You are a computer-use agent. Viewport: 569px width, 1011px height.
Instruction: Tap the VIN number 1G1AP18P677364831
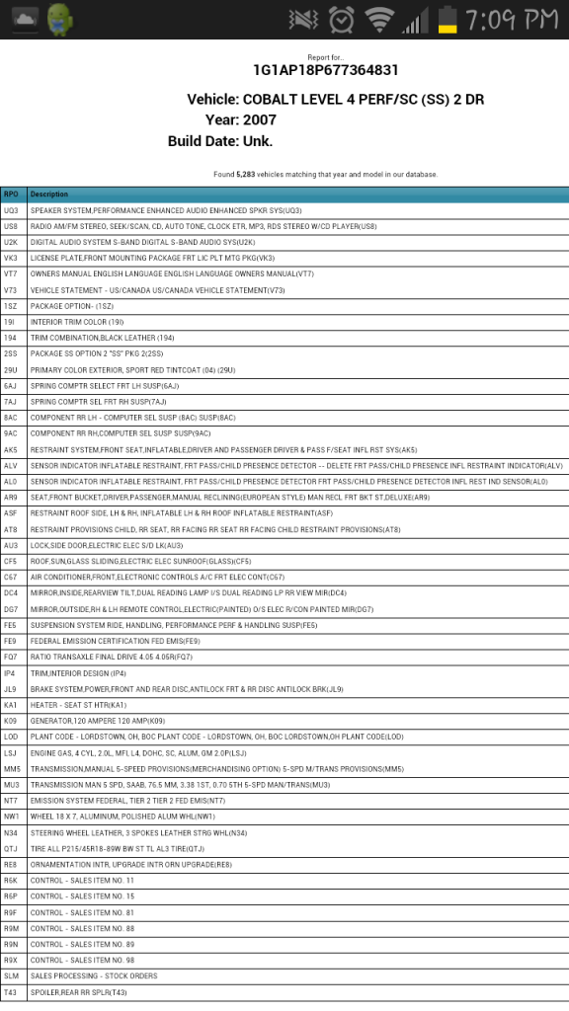326,70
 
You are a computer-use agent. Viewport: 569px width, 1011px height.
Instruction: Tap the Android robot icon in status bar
60,18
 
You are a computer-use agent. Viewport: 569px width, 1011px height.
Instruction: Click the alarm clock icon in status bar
342,19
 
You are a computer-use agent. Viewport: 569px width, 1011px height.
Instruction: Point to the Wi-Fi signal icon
376,19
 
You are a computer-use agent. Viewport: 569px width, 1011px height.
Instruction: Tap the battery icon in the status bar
448,19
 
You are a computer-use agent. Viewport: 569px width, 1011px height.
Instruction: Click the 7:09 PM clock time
513,19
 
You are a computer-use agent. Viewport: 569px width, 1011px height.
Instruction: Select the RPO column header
11,194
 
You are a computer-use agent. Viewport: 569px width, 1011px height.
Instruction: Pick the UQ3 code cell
11,210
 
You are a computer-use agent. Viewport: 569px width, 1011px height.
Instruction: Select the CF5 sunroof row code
11,561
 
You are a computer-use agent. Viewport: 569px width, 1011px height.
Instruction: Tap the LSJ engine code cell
11,752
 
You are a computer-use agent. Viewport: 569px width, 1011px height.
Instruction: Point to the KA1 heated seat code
11,704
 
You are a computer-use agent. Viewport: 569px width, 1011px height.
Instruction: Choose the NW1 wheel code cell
11,816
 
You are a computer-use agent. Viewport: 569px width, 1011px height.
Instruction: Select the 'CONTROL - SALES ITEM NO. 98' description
82,960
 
